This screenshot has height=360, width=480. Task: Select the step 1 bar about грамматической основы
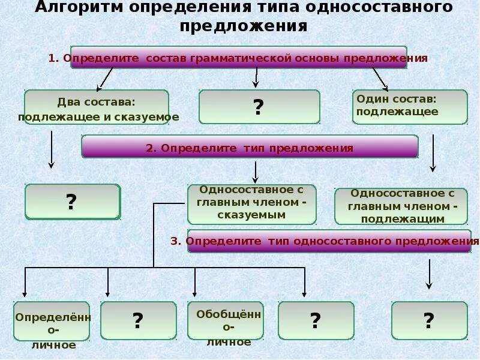[238, 58]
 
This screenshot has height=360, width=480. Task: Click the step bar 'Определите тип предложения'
[249, 147]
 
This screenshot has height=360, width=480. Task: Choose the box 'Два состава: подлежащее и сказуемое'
[97, 107]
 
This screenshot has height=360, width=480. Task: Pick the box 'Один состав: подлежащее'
[409, 106]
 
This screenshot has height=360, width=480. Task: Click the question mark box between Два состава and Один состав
[259, 107]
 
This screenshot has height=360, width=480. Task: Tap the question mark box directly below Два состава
[72, 202]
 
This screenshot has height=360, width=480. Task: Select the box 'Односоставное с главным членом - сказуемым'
[251, 204]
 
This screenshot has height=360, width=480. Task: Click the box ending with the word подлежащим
[400, 206]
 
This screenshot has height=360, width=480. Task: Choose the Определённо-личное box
[52, 321]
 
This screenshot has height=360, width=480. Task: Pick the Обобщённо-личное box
[225, 321]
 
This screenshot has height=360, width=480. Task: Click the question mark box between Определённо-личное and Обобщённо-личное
[138, 320]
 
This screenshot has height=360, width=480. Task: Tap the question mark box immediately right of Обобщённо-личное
[316, 320]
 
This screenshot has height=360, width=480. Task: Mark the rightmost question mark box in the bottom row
[428, 320]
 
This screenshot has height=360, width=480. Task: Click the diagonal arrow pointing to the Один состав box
[380, 79]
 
